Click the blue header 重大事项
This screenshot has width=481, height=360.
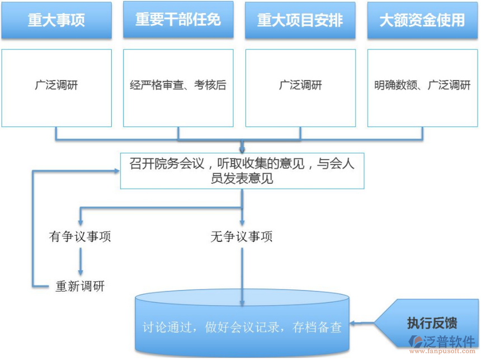coord(56,21)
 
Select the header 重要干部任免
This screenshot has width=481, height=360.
coord(178,20)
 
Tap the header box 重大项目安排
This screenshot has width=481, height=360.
coord(300,21)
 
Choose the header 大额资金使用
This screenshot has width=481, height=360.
coord(422,21)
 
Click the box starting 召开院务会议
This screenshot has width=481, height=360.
coord(242,171)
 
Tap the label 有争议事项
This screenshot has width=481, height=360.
coord(80,236)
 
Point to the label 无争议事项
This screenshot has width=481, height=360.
coord(242,236)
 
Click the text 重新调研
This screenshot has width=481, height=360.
coord(80,286)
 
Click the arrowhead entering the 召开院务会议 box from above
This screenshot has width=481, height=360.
coord(242,149)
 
